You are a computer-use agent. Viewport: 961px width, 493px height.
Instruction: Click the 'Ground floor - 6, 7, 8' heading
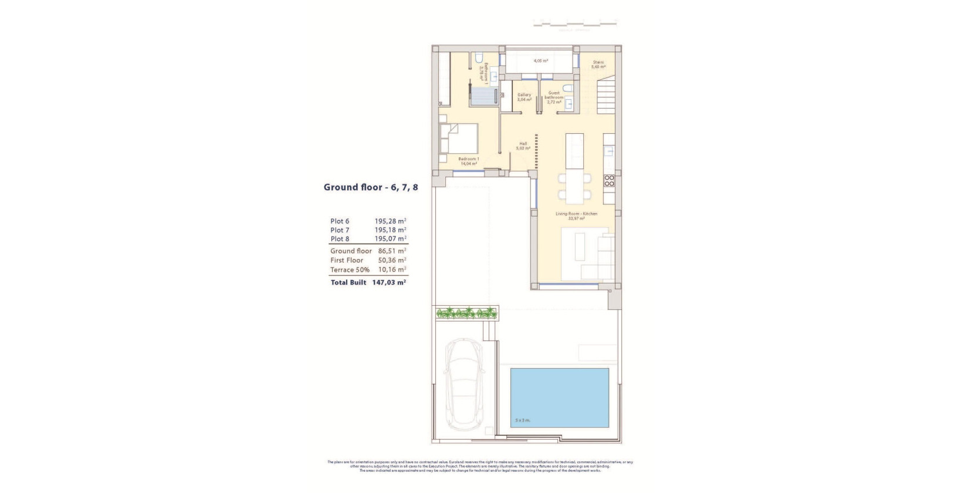click(371, 188)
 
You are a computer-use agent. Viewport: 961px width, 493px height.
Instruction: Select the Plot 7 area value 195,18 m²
click(390, 230)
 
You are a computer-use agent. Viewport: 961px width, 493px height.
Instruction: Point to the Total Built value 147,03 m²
click(389, 282)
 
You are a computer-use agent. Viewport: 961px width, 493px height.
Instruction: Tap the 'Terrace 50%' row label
click(350, 270)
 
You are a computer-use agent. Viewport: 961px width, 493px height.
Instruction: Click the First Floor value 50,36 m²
click(392, 261)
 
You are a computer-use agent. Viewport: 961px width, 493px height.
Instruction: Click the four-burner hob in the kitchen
click(609, 180)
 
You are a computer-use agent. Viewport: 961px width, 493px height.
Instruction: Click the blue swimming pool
click(559, 397)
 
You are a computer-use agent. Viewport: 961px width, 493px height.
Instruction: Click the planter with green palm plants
click(467, 314)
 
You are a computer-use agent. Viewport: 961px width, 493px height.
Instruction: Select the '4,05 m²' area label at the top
click(540, 61)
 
